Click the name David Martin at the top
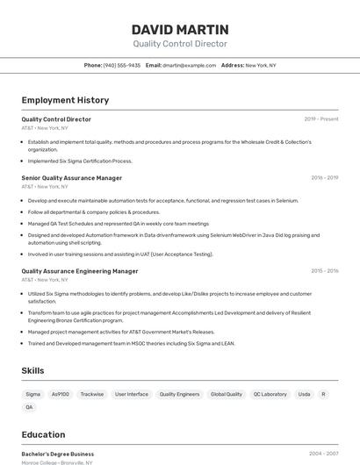(x=179, y=29)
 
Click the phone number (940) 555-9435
(x=121, y=65)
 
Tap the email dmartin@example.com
(x=188, y=65)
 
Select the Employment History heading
(x=65, y=100)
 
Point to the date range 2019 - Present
(x=321, y=119)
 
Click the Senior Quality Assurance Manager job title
(x=71, y=178)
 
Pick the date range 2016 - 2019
(x=324, y=178)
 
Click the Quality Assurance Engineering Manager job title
(x=79, y=271)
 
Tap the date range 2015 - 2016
(x=324, y=271)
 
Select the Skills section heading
(x=32, y=371)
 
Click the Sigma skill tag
(x=32, y=394)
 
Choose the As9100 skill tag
(x=60, y=394)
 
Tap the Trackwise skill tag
(x=92, y=394)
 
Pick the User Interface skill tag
(x=132, y=394)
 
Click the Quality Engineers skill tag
(x=179, y=394)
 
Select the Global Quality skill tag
(x=227, y=394)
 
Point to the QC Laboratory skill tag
(x=270, y=394)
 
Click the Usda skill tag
(x=304, y=394)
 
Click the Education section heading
(x=43, y=434)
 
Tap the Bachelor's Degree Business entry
(x=57, y=454)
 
